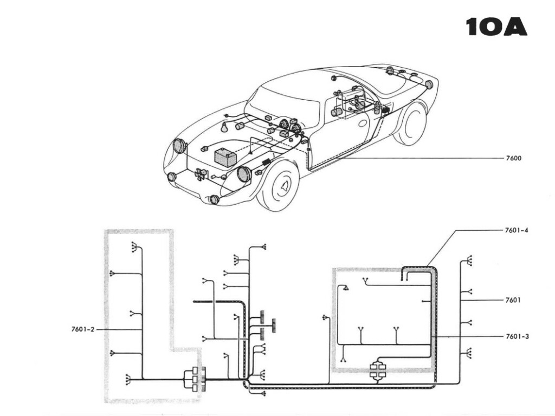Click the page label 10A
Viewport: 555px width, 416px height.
pos(496,27)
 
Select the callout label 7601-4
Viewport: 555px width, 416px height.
pos(516,230)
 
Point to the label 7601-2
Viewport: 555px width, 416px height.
pos(82,329)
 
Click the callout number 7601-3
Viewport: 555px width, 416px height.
pos(516,336)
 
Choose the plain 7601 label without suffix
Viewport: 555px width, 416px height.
pos(513,300)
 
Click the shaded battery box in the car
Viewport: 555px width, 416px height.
pos(225,158)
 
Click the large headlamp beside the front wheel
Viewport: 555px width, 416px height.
pos(244,174)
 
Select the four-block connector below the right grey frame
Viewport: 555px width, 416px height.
pos(378,370)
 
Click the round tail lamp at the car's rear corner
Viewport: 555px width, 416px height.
pos(429,84)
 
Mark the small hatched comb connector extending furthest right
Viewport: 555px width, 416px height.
pos(274,324)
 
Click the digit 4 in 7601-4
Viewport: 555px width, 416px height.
pos(526,230)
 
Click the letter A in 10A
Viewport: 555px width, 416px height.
pos(515,27)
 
